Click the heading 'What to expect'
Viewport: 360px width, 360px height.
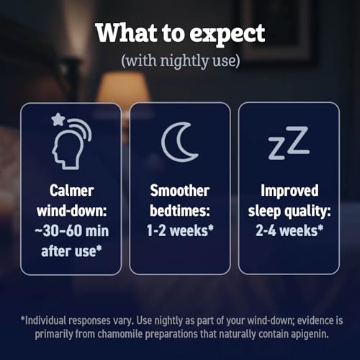click(x=180, y=32)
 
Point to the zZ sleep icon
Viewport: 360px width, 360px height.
click(x=288, y=143)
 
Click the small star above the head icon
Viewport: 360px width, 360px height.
click(x=58, y=120)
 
